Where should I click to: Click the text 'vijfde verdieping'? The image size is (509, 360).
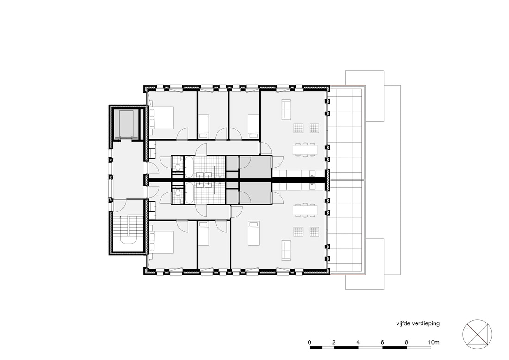[418, 323]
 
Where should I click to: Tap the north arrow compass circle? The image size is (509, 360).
[477, 335]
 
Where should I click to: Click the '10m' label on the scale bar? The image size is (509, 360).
[434, 342]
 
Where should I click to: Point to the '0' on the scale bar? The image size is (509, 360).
[310, 342]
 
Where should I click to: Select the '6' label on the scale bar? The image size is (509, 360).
[382, 342]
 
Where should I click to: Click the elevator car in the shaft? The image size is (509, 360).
[126, 124]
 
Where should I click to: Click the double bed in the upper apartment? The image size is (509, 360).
[161, 117]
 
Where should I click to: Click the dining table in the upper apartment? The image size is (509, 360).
[305, 149]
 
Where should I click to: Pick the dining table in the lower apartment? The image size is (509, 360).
[305, 211]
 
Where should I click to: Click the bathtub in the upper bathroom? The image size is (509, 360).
[189, 167]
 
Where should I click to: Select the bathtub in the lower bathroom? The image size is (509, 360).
[189, 193]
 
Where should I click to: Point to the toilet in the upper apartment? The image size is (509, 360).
[177, 167]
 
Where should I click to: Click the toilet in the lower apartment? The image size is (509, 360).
[177, 192]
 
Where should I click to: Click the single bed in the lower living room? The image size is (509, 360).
[254, 233]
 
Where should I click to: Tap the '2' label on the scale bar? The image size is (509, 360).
[334, 342]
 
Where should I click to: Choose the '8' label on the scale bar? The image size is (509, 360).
[406, 342]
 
